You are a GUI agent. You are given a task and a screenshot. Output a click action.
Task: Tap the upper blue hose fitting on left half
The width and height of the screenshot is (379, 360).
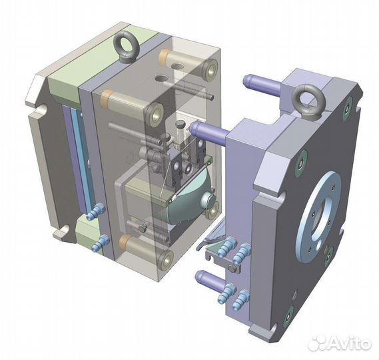(x=96, y=211)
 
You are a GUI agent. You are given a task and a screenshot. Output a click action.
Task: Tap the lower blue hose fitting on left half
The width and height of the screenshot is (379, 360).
(x=101, y=242)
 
